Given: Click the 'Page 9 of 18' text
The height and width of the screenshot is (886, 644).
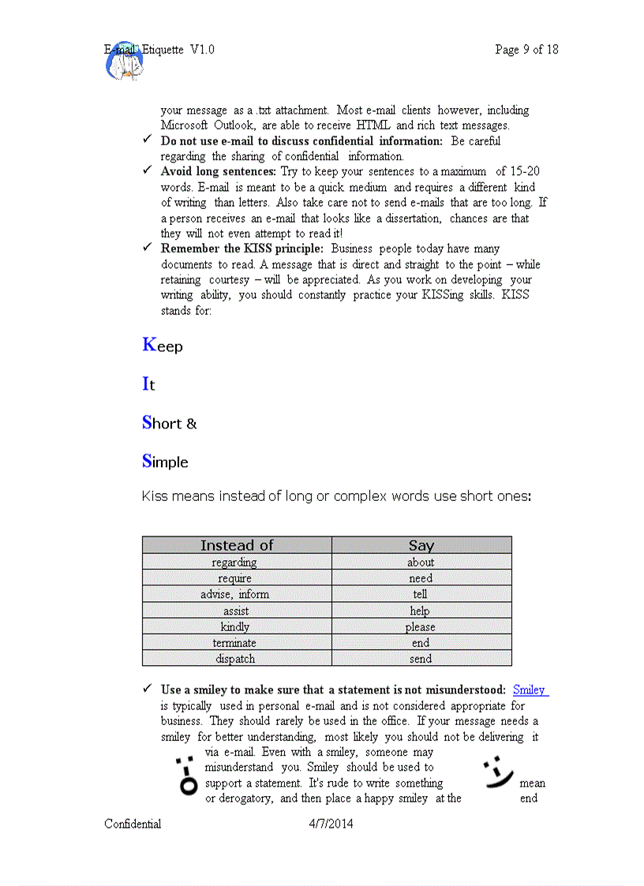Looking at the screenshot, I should (526, 50).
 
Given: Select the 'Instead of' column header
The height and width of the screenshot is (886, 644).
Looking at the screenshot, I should (237, 545).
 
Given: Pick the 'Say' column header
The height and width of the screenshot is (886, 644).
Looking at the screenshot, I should (421, 545).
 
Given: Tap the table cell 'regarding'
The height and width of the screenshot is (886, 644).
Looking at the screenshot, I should (234, 563).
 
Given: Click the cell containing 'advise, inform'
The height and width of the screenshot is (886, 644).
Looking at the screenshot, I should (234, 594).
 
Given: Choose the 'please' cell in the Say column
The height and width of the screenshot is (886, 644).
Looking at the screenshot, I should (421, 627).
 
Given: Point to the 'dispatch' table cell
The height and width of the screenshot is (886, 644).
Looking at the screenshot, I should (235, 659).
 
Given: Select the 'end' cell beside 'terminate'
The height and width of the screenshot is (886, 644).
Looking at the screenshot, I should (421, 643).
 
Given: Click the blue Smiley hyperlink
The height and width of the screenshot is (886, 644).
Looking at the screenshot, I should (530, 690).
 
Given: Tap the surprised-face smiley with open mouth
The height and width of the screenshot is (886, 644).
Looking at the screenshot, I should (186, 776).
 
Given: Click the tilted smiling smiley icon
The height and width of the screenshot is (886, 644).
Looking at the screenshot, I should (497, 773).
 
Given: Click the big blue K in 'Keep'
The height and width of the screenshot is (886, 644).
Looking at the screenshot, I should (150, 345).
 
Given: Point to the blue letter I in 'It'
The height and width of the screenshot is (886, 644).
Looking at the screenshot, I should (145, 384).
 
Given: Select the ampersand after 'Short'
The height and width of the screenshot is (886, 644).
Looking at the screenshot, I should (191, 424).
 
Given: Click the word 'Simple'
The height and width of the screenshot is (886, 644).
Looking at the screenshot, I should (166, 462).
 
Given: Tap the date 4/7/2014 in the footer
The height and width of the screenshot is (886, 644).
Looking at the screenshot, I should (331, 824).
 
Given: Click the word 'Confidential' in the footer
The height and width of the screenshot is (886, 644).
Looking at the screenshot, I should (133, 824).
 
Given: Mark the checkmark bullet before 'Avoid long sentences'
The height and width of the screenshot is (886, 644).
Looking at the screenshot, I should (147, 170).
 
